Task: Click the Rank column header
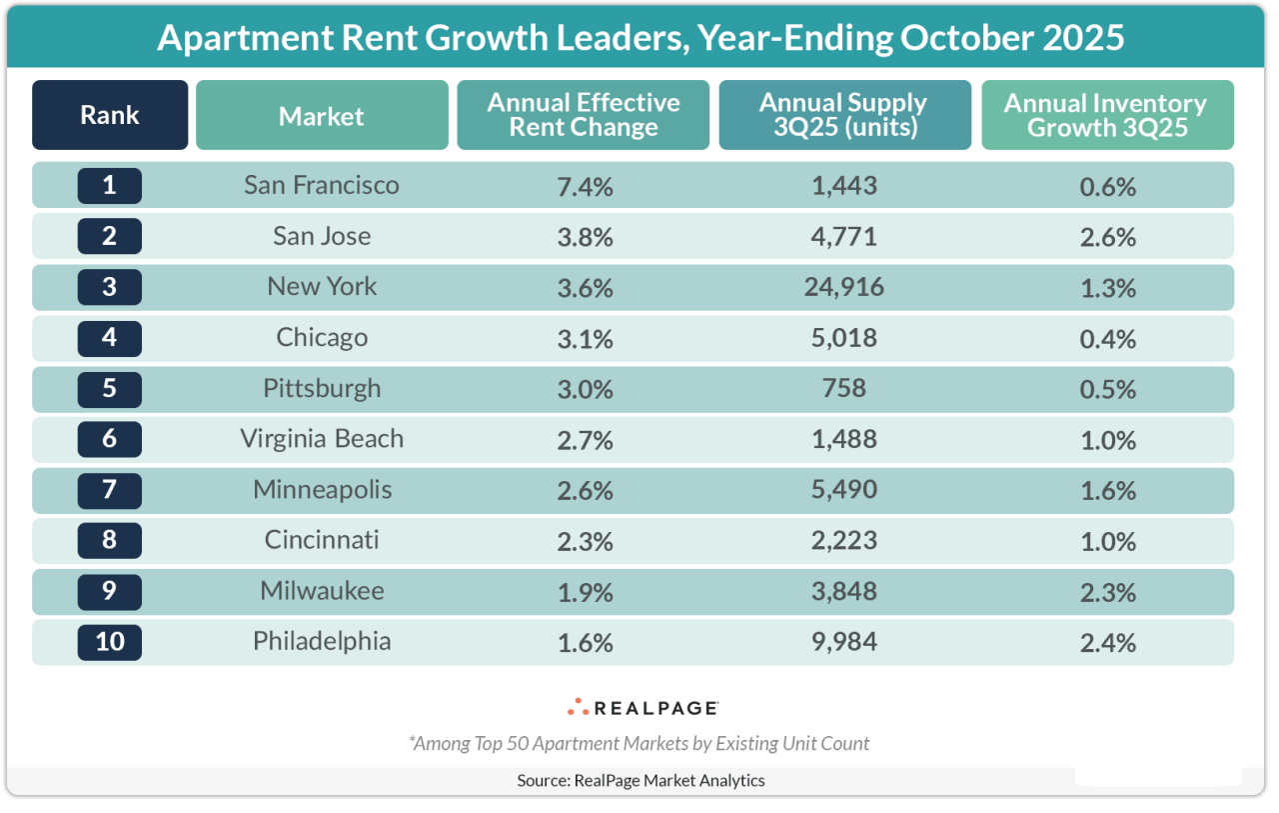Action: [110, 115]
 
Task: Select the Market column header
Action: [322, 116]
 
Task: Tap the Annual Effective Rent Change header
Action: [584, 115]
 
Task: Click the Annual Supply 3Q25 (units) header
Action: [844, 115]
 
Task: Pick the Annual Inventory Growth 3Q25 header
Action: [1107, 115]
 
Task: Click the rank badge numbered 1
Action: [110, 186]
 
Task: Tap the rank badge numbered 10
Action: [110, 641]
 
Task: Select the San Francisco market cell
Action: [322, 186]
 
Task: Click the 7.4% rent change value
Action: [584, 187]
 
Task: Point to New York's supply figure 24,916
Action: [844, 288]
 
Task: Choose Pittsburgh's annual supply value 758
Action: [844, 389]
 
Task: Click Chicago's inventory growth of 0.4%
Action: [1107, 339]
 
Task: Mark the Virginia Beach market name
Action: [322, 439]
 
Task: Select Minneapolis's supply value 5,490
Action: [844, 491]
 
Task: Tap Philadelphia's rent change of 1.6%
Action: [584, 642]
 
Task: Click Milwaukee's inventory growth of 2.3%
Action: [1107, 592]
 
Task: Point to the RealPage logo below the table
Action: [642, 707]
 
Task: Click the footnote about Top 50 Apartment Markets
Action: [639, 743]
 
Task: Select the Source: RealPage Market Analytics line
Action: [640, 780]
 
